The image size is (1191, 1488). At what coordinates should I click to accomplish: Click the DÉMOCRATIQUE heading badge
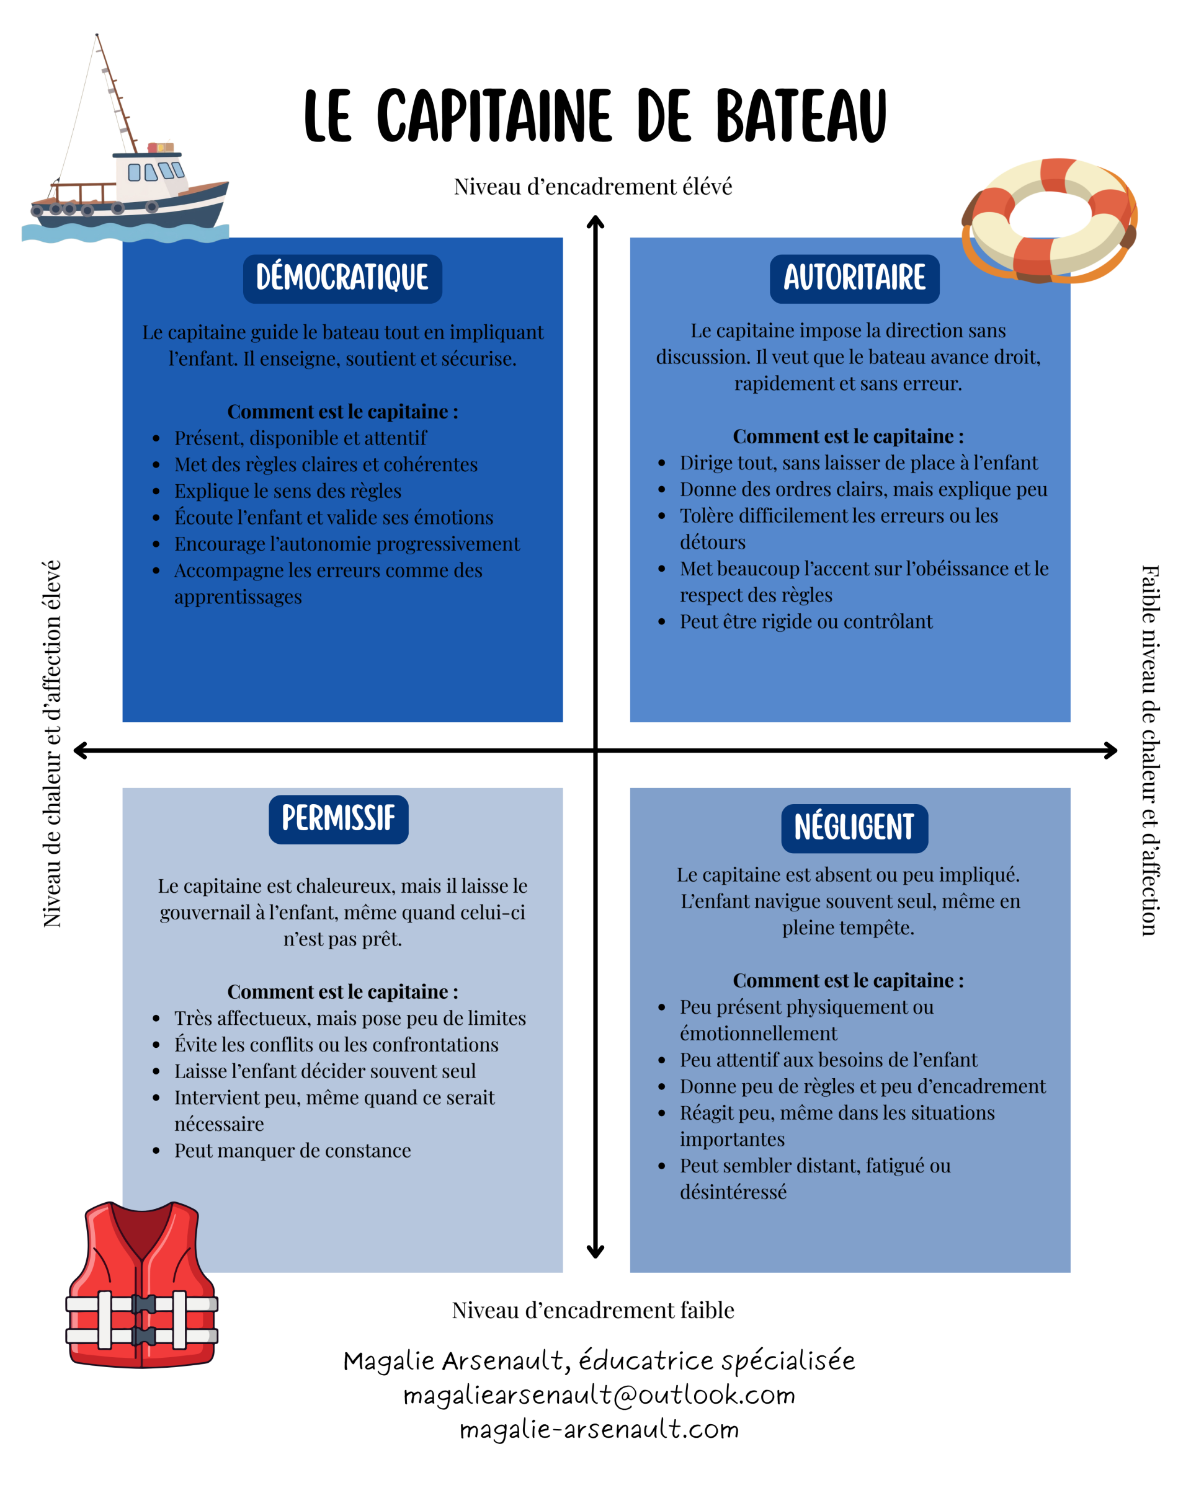coord(342,279)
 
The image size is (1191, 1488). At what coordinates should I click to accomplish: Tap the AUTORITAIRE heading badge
coord(855,279)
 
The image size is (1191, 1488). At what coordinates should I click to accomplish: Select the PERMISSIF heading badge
coord(338,819)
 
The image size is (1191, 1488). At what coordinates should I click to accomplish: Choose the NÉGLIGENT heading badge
coord(855,828)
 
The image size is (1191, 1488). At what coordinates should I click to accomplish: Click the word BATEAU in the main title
coord(801,116)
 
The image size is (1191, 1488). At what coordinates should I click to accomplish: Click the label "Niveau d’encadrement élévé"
coord(593,187)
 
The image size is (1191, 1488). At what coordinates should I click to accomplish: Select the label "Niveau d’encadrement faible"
coord(593,1311)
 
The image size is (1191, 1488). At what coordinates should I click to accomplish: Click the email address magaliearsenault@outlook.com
coord(599,1396)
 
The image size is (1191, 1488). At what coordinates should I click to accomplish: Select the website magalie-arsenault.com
coord(599,1429)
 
